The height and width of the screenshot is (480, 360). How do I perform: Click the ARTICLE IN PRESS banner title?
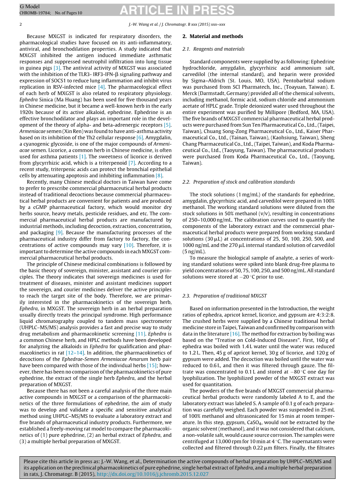[x=177, y=10]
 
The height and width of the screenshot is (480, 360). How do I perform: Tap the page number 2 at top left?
[x=21, y=25]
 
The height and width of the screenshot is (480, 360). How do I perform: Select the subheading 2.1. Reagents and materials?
[x=213, y=49]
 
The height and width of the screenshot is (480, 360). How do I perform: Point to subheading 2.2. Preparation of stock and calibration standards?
[x=238, y=182]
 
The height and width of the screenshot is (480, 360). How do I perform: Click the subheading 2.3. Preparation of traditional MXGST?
[x=224, y=296]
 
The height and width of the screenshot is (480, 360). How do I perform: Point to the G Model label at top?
[x=30, y=7]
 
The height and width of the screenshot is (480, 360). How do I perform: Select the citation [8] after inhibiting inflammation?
[x=159, y=175]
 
